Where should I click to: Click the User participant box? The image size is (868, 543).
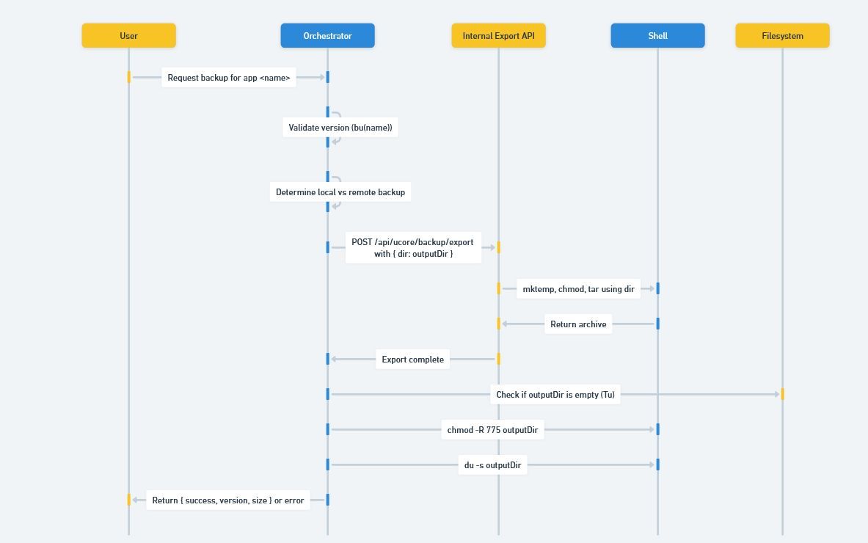pyautogui.click(x=128, y=35)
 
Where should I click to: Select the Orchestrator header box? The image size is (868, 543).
pyautogui.click(x=327, y=35)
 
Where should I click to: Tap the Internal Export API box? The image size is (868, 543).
pyautogui.click(x=498, y=35)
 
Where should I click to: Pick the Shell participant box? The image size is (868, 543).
pyautogui.click(x=657, y=35)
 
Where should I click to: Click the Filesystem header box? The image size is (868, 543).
pyautogui.click(x=782, y=35)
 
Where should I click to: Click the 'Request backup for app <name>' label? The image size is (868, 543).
pyautogui.click(x=229, y=78)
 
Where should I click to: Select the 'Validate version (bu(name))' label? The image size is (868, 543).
pyautogui.click(x=340, y=128)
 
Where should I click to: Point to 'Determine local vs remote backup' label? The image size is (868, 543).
pyautogui.click(x=340, y=192)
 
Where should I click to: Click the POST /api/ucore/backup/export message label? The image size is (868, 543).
pyautogui.click(x=412, y=248)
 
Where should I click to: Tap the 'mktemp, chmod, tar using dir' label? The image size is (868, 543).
pyautogui.click(x=578, y=289)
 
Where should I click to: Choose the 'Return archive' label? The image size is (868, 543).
pyautogui.click(x=578, y=324)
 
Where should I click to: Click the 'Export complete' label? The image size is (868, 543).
pyautogui.click(x=412, y=360)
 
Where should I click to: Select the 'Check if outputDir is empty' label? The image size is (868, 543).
pyautogui.click(x=555, y=395)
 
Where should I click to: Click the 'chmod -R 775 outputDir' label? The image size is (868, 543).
pyautogui.click(x=492, y=430)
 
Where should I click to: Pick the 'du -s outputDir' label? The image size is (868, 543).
pyautogui.click(x=492, y=465)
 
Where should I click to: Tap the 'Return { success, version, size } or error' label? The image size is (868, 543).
pyautogui.click(x=228, y=500)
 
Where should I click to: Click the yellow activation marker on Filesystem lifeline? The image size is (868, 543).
pyautogui.click(x=782, y=394)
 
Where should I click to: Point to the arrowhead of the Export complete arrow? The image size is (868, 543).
pyautogui.click(x=335, y=359)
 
